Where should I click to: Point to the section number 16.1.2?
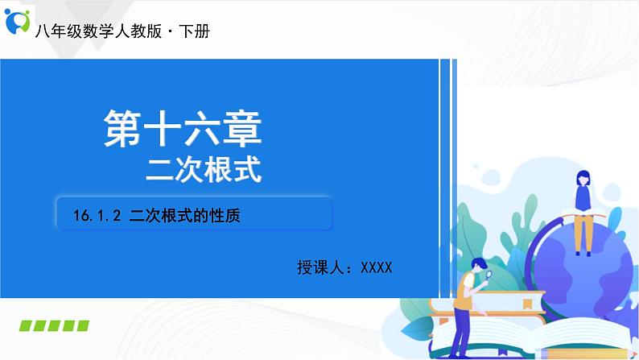click(x=96, y=215)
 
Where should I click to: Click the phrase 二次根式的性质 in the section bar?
click(x=186, y=215)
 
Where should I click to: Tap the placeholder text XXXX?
click(x=376, y=267)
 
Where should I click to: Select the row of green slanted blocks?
click(x=54, y=325)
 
